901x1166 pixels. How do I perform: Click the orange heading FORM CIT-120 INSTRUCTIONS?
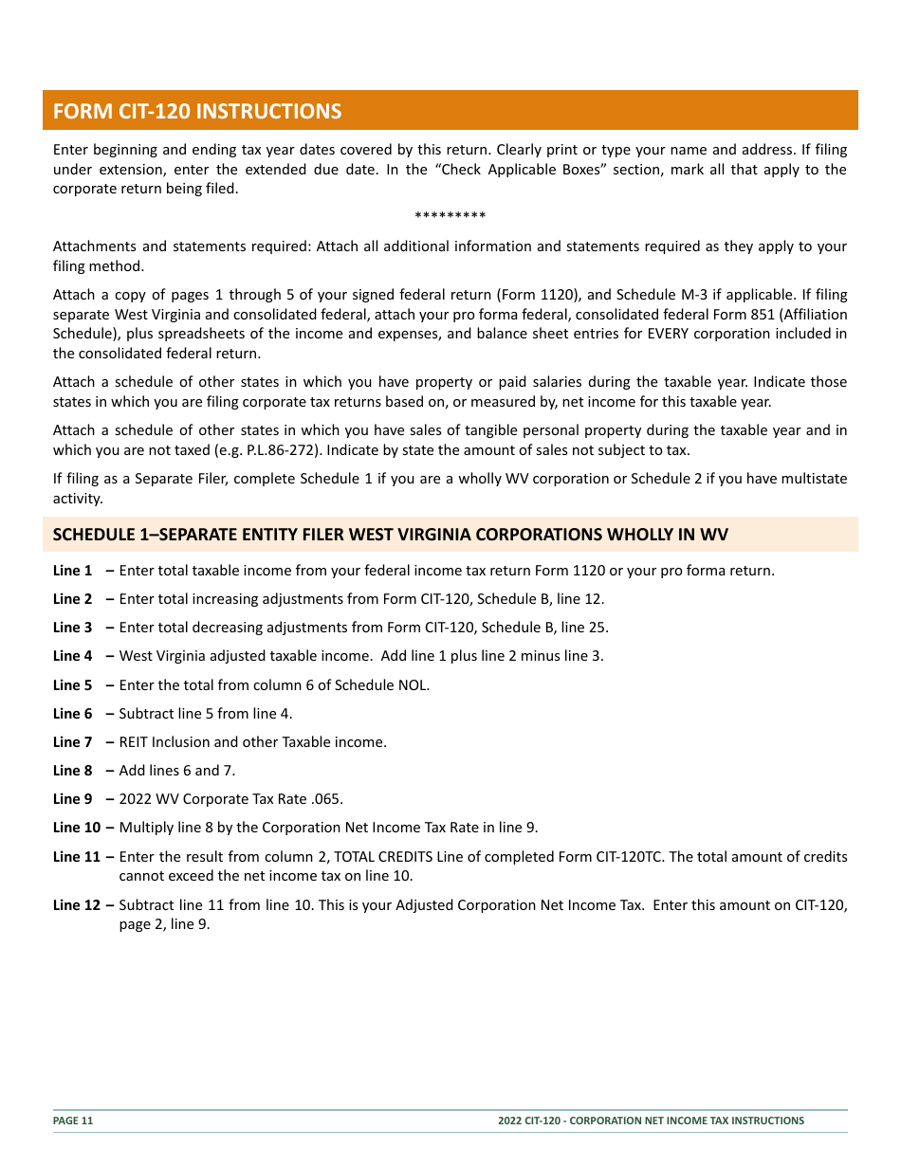[x=197, y=111]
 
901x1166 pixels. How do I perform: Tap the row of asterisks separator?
[x=450, y=217]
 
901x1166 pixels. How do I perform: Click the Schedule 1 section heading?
[x=390, y=535]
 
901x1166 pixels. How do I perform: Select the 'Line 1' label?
[x=72, y=571]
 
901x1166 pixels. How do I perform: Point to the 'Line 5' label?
[x=72, y=685]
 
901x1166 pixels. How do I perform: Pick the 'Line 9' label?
[x=72, y=799]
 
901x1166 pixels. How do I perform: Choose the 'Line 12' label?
[x=76, y=905]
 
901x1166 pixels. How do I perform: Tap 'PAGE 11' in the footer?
[x=73, y=1120]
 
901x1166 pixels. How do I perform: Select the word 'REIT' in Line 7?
[x=135, y=742]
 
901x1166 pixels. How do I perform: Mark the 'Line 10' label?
[x=76, y=828]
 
